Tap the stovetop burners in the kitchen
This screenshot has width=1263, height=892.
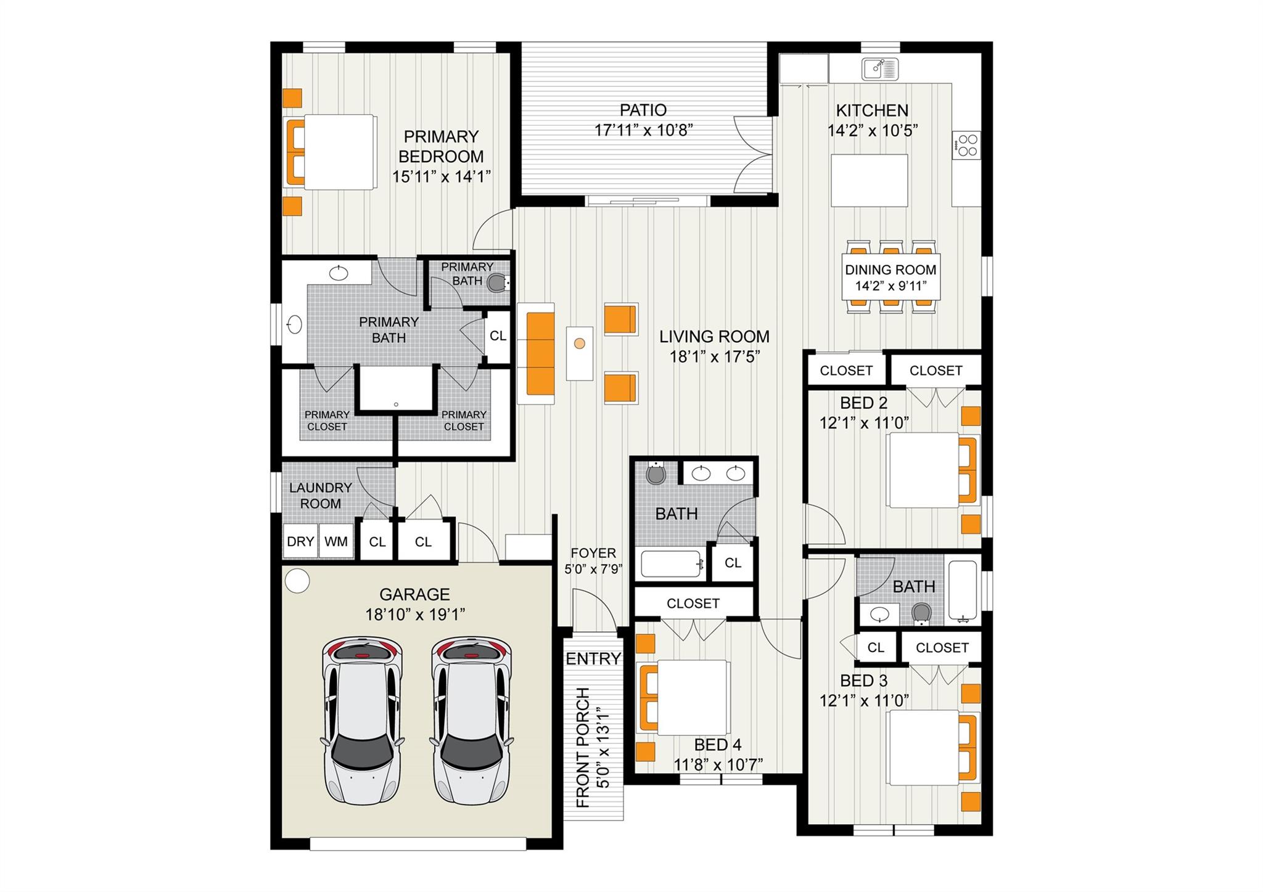pos(966,145)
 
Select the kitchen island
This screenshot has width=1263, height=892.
pos(869,180)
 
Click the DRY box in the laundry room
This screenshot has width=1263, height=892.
pos(300,541)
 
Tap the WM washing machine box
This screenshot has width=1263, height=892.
pos(336,541)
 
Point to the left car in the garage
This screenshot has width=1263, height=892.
pos(362,719)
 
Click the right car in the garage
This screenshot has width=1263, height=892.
pos(472,719)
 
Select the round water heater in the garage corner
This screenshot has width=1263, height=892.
pos(298,580)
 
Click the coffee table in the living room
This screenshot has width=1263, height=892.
pos(580,353)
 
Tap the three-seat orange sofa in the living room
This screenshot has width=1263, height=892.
pos(540,353)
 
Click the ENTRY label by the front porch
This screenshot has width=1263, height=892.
pos(593,658)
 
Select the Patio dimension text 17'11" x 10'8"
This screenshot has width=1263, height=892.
pos(643,130)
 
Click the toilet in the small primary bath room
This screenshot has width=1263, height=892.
pos(497,283)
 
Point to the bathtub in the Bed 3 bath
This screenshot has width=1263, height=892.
pos(962,590)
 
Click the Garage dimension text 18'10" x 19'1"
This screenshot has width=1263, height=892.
pos(414,615)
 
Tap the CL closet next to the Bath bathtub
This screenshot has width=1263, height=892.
pos(733,562)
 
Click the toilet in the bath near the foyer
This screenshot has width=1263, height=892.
pos(655,473)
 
